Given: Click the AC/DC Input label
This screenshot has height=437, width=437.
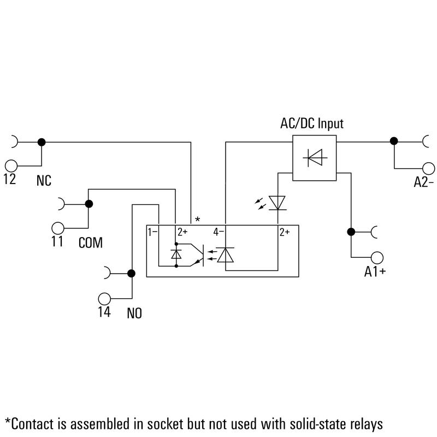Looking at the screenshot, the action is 312,124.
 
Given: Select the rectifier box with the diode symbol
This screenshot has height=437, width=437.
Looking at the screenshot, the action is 315,158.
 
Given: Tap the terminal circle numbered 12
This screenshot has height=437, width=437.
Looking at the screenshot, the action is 11,166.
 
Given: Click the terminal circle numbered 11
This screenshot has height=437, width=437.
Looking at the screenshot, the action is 58,228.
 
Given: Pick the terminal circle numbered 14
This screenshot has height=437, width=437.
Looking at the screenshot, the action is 104,299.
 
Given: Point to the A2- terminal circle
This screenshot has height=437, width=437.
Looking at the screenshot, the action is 428,169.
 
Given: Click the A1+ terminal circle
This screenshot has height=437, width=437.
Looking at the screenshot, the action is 377,257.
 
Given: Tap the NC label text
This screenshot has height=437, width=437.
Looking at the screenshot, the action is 44,181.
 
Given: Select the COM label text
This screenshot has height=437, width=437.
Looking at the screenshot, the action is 91,243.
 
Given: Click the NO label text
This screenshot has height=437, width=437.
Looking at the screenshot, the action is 134,313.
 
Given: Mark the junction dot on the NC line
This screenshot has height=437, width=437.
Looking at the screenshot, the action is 42,142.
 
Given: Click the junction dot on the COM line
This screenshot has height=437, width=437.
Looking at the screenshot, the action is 89,204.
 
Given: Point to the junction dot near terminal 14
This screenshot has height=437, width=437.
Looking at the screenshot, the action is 131,274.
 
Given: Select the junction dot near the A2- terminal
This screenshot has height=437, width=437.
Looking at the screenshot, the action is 394,141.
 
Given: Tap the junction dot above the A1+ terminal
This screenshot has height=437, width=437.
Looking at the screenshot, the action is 351,232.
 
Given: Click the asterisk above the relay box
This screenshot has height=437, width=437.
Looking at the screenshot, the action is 198,220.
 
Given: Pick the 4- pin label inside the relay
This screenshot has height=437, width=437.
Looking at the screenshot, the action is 218,232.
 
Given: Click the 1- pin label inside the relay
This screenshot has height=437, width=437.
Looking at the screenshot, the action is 152,232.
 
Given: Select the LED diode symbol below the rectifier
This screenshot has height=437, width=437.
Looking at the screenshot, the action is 277,203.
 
